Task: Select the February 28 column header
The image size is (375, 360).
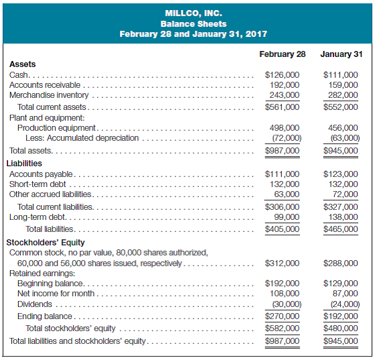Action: pos(282,54)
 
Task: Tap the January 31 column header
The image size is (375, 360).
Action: pos(341,54)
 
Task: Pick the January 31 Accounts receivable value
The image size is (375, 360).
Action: pos(344,85)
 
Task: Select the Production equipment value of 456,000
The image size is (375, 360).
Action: pos(344,127)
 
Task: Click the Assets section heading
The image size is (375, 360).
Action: pos(22,64)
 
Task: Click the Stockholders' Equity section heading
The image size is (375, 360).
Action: pos(47,242)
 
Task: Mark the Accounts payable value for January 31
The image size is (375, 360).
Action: pos(341,174)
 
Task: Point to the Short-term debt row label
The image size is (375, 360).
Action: pos(39,184)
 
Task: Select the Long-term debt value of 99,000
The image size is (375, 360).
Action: pos(286,217)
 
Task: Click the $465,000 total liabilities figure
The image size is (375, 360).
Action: pos(341,229)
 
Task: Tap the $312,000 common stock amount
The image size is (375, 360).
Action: pos(283,263)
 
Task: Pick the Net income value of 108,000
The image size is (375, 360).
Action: pos(285,293)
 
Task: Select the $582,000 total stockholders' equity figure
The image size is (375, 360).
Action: pos(283,328)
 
